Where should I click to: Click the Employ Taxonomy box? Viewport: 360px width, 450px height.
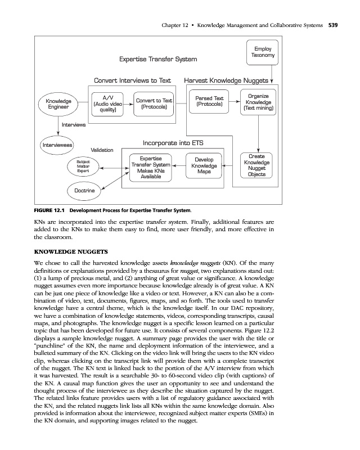[263, 52]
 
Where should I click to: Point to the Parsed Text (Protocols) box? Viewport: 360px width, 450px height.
[209, 101]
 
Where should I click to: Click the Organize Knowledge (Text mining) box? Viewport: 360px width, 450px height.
[257, 102]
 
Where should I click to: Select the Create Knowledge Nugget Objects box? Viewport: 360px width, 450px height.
[256, 165]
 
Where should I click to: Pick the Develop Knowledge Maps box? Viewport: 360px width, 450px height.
[204, 166]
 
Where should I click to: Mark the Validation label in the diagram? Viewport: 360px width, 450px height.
[102, 150]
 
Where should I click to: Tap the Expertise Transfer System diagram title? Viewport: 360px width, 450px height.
[158, 59]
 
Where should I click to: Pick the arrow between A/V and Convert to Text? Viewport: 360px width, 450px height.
[127, 104]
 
